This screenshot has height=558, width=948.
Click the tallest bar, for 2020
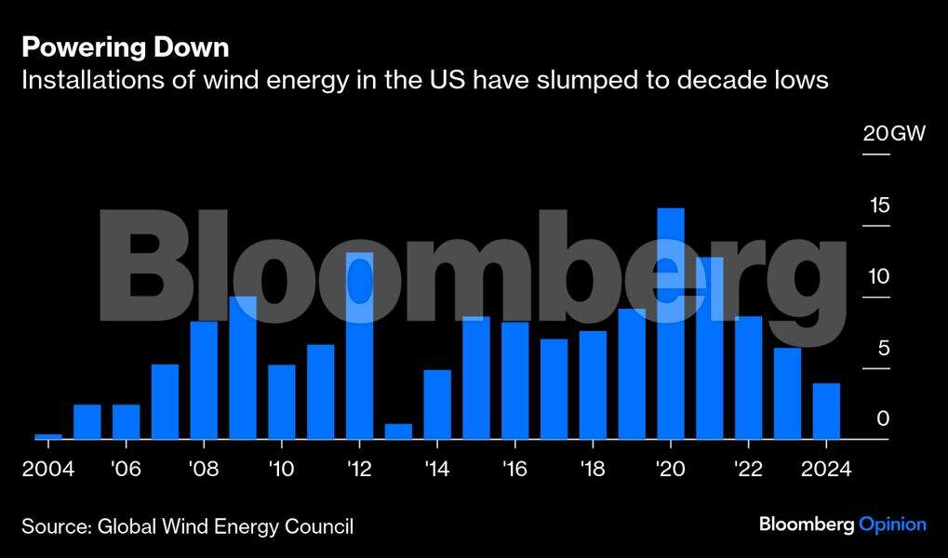670,324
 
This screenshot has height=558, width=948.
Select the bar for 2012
359,346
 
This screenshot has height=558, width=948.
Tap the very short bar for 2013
398,432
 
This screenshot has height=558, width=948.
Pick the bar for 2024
826,411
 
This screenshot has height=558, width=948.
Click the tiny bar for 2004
48,436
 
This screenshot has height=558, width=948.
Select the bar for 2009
243,368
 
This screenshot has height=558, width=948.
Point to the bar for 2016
514,380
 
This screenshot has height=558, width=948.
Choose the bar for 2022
748,378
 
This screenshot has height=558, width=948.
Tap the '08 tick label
203,468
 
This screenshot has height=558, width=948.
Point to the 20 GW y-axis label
894,135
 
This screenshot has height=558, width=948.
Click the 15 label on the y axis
880,206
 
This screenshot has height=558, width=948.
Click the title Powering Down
125,47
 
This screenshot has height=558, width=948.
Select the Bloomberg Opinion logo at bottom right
842,525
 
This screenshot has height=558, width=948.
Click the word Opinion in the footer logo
892,525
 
